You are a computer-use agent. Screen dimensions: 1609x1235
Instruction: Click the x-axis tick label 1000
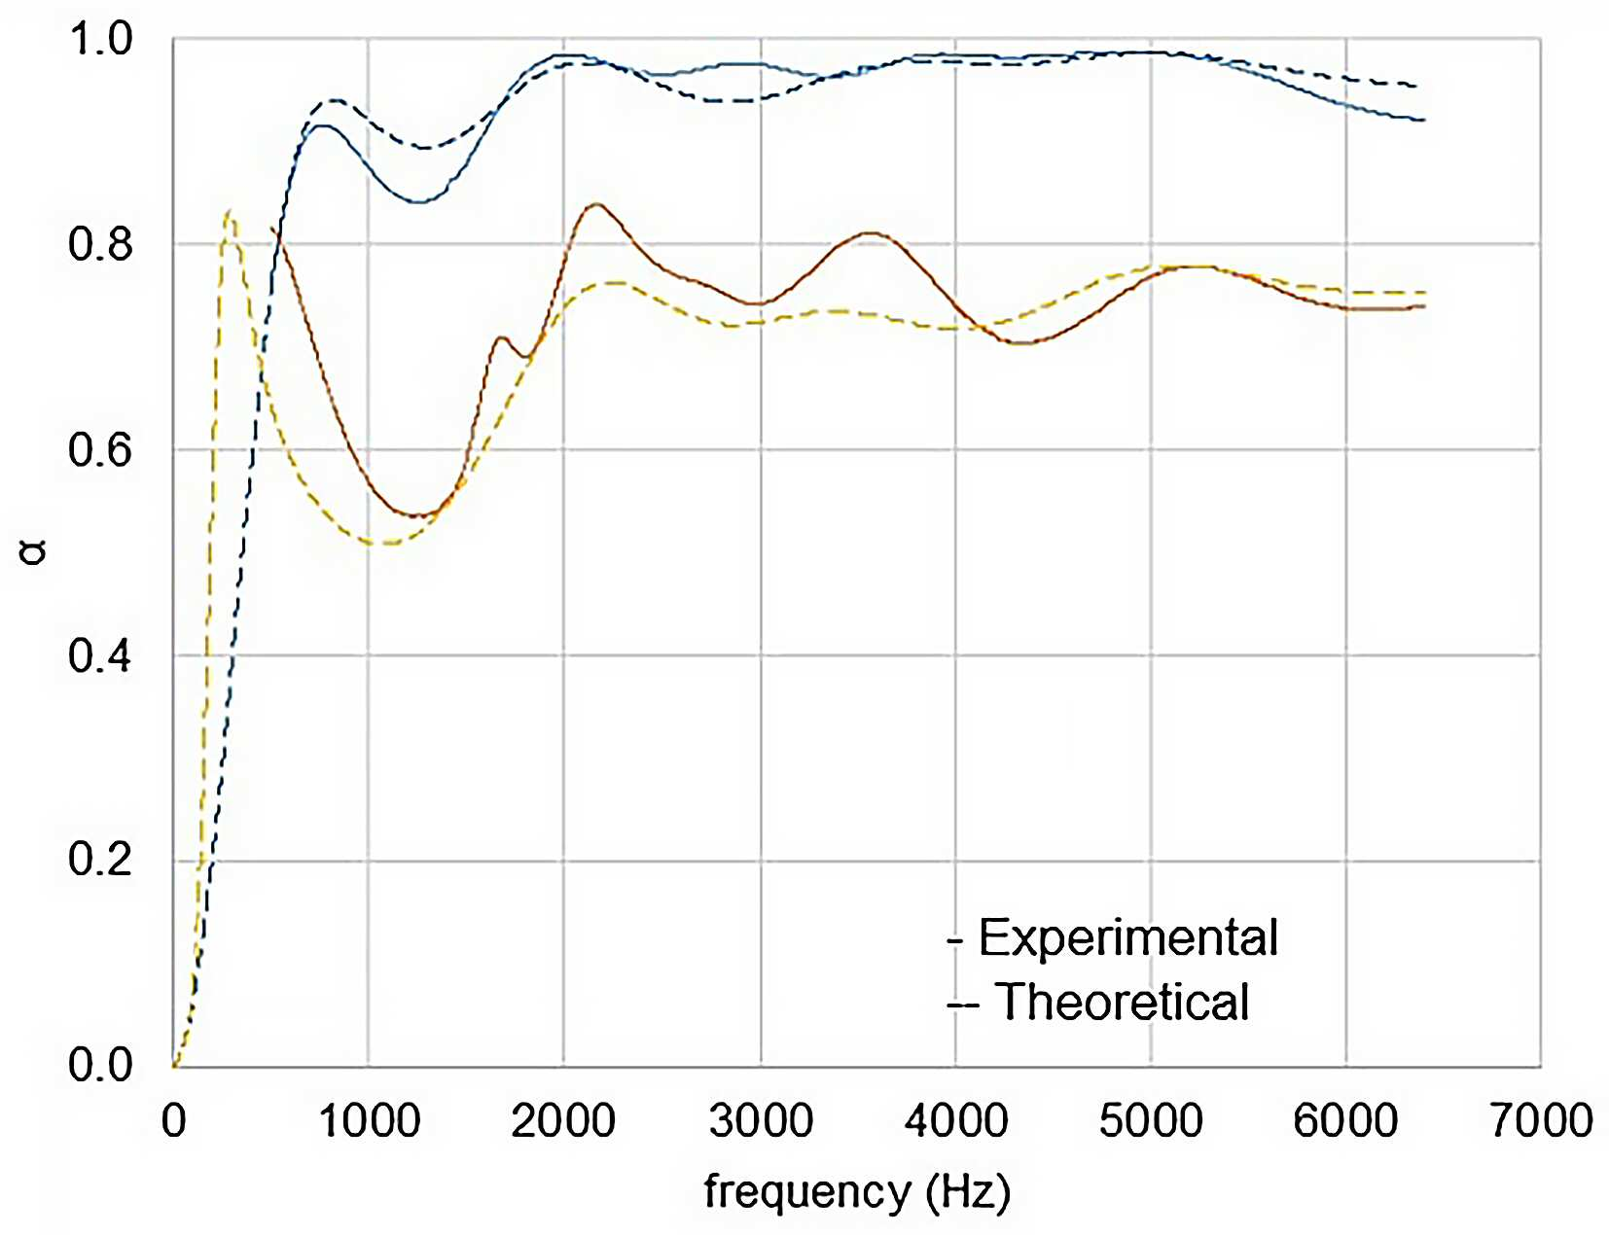point(369,1120)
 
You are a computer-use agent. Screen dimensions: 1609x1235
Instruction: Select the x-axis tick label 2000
point(563,1120)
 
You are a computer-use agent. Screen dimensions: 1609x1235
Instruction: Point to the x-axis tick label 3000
point(761,1120)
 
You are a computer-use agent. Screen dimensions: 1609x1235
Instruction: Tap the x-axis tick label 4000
point(956,1120)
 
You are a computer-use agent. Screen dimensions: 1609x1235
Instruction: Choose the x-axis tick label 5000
point(1151,1120)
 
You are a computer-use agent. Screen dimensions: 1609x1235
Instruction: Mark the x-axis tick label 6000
point(1345,1120)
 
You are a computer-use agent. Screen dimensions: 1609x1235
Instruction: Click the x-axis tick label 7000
point(1541,1120)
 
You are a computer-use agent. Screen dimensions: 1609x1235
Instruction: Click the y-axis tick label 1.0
point(100,39)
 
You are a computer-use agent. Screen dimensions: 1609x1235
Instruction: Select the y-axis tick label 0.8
point(100,243)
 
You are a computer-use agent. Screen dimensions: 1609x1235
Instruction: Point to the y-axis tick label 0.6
point(100,449)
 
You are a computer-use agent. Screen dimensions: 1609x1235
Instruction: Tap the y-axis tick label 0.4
point(100,655)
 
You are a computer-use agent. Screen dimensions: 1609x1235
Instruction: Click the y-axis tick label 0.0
point(100,1065)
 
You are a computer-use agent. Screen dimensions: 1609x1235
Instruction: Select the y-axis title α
point(33,552)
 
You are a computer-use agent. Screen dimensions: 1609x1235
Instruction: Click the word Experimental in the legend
point(1128,937)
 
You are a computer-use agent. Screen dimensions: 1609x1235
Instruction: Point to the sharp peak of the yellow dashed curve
point(230,211)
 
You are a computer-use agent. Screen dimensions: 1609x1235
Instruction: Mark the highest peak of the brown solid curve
point(596,203)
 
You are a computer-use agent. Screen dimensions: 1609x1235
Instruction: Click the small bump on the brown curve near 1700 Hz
point(502,337)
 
